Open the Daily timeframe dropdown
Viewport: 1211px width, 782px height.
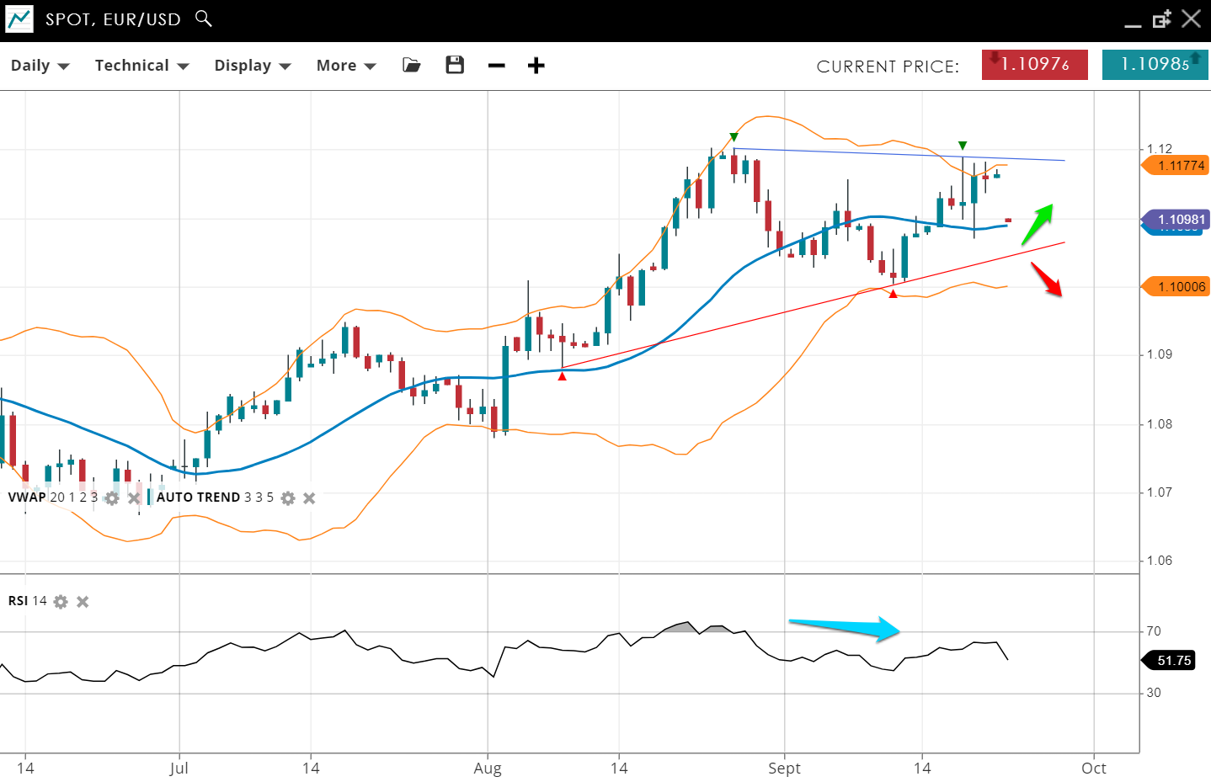pyautogui.click(x=40, y=66)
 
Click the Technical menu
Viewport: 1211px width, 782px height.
pyautogui.click(x=141, y=66)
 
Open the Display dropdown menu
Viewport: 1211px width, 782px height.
pyautogui.click(x=252, y=66)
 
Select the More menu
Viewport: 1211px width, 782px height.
pyautogui.click(x=345, y=66)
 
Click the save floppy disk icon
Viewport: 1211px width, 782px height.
pyautogui.click(x=455, y=65)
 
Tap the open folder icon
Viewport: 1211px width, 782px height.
pyautogui.click(x=412, y=65)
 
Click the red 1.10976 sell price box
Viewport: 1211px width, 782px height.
pyautogui.click(x=1034, y=65)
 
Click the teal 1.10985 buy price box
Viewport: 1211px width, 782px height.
pyautogui.click(x=1155, y=65)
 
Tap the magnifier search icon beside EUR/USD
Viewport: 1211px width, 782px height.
pyautogui.click(x=204, y=18)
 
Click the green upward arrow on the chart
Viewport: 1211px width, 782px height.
pyautogui.click(x=1038, y=224)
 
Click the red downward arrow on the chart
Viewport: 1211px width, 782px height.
pyautogui.click(x=1047, y=279)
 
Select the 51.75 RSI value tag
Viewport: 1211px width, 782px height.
pyautogui.click(x=1173, y=661)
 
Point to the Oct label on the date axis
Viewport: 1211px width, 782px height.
pyautogui.click(x=1093, y=768)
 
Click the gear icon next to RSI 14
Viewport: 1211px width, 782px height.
pyautogui.click(x=61, y=602)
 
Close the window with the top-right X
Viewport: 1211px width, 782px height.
pyautogui.click(x=1191, y=19)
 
